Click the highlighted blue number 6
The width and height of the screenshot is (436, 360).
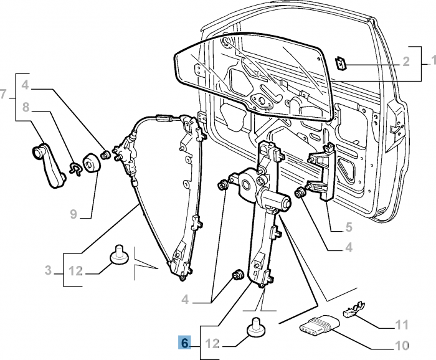184,343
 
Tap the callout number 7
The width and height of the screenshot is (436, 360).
2,94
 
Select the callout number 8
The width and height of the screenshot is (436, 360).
26,107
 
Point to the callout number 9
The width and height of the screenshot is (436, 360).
73,214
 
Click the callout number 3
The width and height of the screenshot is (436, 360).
49,270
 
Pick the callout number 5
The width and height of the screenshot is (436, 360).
349,227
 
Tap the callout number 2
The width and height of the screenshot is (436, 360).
406,62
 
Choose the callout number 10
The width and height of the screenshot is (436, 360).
402,346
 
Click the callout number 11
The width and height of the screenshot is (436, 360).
402,324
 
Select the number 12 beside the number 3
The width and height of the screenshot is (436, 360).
75,271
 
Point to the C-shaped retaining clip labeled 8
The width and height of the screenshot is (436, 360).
75,169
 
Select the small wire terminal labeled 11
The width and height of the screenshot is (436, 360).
354,310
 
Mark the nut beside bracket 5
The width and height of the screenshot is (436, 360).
300,192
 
